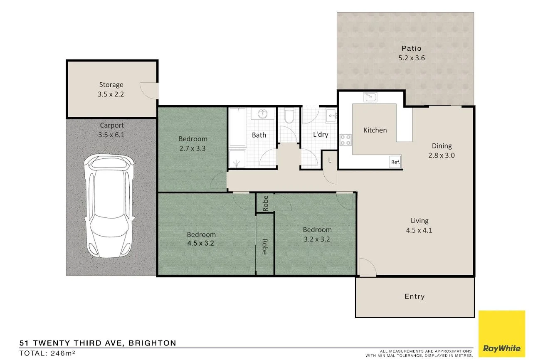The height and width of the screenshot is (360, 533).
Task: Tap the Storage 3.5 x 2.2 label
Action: pos(111,89)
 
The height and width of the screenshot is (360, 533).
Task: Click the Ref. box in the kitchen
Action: pos(395,163)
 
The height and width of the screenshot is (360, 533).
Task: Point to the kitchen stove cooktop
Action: pos(345,140)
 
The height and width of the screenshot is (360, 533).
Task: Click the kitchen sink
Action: pos(370,97)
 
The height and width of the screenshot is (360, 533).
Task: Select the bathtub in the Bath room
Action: pos(237,127)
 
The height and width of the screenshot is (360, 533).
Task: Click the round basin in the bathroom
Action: pos(263,113)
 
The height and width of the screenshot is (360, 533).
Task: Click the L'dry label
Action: pos(321,134)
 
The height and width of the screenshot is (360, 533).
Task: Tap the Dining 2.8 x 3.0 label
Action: pos(442,150)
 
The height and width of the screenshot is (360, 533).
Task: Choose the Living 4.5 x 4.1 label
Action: pos(419,225)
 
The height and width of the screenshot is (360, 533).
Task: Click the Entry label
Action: pos(415,296)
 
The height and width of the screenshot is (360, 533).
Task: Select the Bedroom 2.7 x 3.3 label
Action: pos(193,143)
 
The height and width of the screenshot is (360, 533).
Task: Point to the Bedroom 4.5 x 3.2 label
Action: pos(201,239)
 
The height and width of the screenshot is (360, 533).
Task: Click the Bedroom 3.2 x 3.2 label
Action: pos(317,234)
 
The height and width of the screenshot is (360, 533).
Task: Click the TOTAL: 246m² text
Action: pos(47,353)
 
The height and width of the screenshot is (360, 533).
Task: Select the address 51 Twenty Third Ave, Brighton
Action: pos(98,343)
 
